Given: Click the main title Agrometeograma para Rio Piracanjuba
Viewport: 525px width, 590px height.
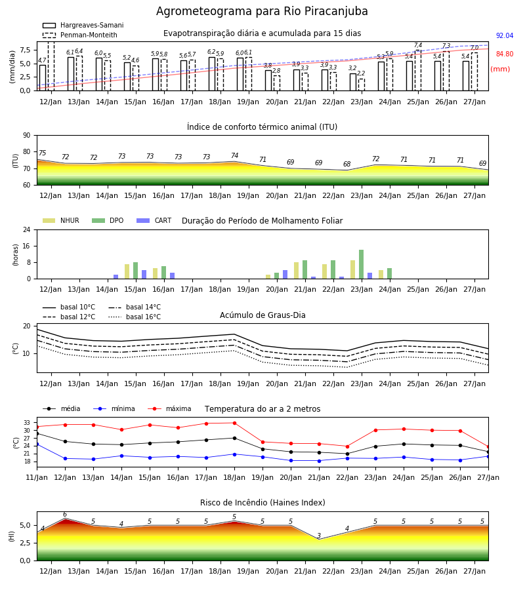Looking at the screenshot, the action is click(x=262, y=11).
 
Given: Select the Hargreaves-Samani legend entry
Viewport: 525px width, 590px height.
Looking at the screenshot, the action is click(x=83, y=25).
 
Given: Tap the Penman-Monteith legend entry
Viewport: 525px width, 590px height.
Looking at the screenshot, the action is click(x=80, y=35).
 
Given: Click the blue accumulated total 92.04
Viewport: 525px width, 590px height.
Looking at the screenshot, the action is click(x=505, y=36).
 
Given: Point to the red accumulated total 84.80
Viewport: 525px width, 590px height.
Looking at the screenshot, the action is click(x=505, y=54).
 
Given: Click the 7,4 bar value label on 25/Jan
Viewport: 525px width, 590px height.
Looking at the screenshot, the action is click(x=418, y=45).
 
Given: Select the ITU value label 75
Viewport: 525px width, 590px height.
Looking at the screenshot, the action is click(x=42, y=153).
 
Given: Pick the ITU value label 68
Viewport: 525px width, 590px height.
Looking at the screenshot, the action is click(x=347, y=164).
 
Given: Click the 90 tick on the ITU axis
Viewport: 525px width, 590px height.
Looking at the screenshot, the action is click(x=27, y=136).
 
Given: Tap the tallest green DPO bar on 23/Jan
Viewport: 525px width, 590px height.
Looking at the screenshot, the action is click(x=361, y=264).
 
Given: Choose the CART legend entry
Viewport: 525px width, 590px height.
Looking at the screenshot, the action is click(x=154, y=220).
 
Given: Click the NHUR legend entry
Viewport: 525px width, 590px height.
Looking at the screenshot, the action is click(x=61, y=220).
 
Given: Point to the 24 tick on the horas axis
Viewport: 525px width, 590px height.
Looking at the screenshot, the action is click(x=27, y=229).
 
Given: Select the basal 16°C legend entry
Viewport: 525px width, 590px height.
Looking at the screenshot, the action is click(x=135, y=317).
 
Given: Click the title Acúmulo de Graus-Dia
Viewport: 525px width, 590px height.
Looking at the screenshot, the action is click(x=262, y=315).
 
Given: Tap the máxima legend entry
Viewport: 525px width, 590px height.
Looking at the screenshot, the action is click(x=169, y=408).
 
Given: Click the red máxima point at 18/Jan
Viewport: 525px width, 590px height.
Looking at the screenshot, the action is click(x=235, y=423).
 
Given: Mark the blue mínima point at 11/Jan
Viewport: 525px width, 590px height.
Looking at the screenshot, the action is click(x=37, y=444).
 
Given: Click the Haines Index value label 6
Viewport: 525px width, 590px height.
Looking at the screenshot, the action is click(x=65, y=515).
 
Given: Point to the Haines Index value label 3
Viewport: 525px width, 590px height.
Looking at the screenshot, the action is click(x=319, y=536).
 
